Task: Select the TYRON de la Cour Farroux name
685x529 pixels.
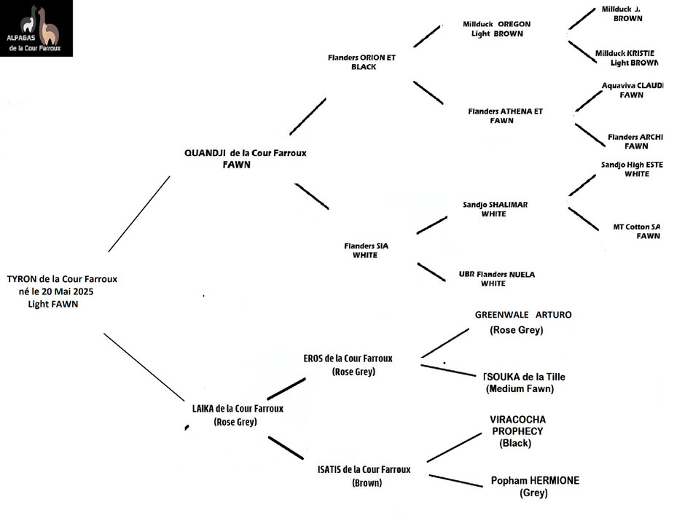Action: (x=62, y=278)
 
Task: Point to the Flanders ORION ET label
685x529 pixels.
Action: (x=361, y=58)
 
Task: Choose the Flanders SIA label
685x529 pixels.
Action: (x=366, y=246)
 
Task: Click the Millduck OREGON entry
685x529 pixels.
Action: (x=496, y=24)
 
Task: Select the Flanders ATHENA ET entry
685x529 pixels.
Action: (x=506, y=111)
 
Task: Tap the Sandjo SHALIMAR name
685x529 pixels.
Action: (x=495, y=205)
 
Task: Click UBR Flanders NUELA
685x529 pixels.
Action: (x=496, y=275)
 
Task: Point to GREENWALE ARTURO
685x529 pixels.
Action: (x=523, y=315)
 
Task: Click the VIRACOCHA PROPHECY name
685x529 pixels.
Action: (x=518, y=426)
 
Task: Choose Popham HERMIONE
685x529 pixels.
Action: (x=535, y=481)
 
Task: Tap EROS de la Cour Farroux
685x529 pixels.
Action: (x=348, y=358)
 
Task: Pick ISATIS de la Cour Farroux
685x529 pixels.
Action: (x=364, y=470)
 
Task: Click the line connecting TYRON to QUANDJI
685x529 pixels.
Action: (x=138, y=213)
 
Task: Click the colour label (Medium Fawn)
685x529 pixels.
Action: (x=520, y=389)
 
